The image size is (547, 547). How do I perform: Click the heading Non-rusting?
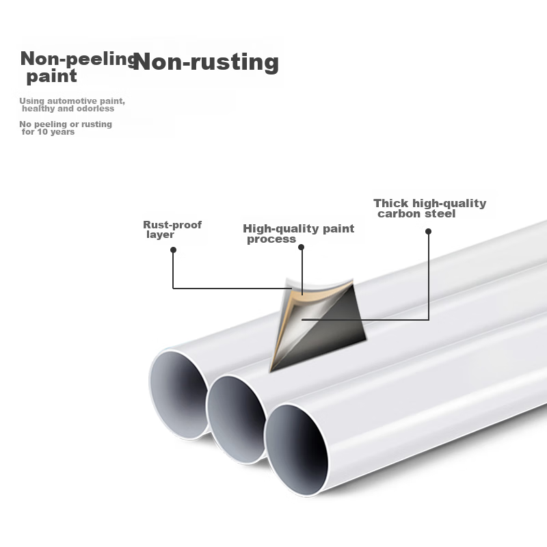[x=206, y=62]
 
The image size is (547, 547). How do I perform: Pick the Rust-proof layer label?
[x=172, y=230]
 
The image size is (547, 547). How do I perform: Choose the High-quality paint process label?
[x=298, y=233]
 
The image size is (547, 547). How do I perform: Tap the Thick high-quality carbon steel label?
[x=429, y=209]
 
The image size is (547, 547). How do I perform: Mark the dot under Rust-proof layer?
[x=174, y=250]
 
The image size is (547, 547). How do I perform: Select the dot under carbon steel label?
[x=429, y=232]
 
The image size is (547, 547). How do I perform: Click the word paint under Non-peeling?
[x=51, y=77]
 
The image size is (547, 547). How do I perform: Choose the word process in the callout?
[x=271, y=239]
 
